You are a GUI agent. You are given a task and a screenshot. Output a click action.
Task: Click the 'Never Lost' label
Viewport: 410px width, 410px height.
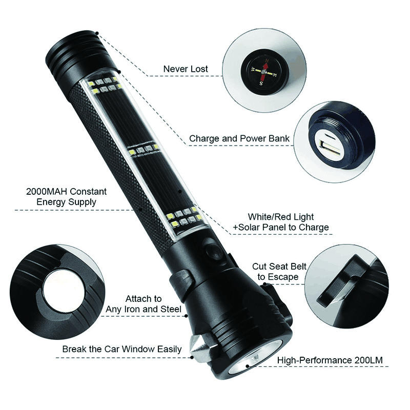coord(186,69)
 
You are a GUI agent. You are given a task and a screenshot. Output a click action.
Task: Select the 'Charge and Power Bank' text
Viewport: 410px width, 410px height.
coord(239,138)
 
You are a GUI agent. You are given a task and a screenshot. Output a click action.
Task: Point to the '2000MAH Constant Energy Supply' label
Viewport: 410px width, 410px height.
coord(59,196)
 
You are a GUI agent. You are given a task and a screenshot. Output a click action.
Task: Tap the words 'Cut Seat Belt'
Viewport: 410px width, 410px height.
coord(279,266)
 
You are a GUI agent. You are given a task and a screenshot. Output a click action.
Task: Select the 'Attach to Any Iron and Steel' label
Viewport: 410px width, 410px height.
coord(143,303)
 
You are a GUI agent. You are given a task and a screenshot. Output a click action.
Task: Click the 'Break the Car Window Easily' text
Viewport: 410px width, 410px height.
coord(122,349)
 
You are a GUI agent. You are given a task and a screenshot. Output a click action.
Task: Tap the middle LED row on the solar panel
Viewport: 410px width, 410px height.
coord(144,150)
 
